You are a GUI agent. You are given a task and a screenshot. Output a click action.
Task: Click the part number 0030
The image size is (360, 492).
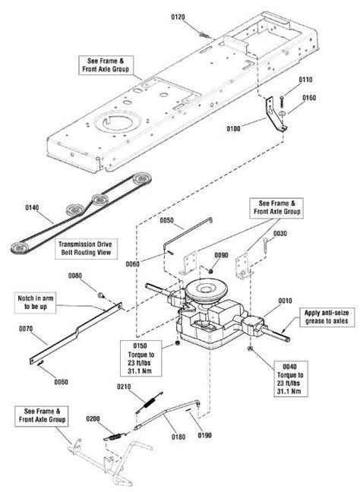pyautogui.click(x=280, y=234)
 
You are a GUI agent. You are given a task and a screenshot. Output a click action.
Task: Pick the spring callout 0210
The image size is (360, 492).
pyautogui.click(x=124, y=388)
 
